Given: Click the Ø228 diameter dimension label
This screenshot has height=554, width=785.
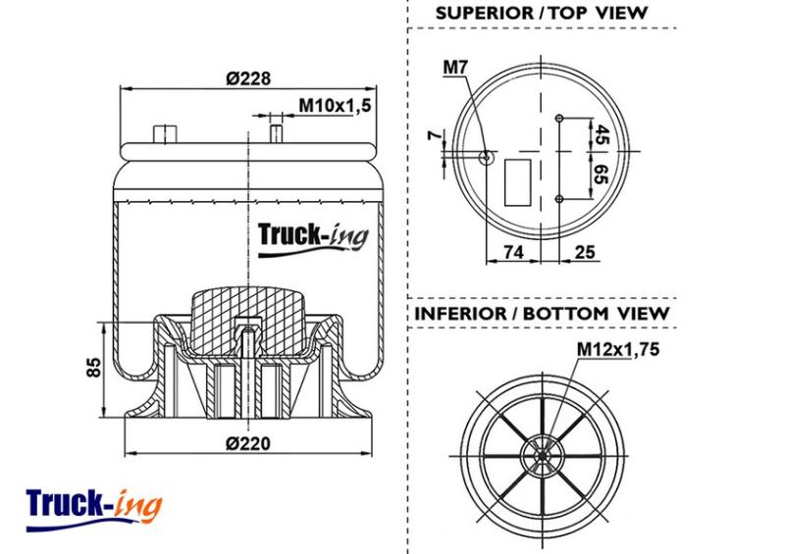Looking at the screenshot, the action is click(x=248, y=78).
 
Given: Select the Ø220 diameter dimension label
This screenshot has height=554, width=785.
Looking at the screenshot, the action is click(x=248, y=443).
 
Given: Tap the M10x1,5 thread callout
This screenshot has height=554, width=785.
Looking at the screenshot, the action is click(x=335, y=106).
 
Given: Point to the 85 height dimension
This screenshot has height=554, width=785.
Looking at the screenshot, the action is click(x=94, y=367).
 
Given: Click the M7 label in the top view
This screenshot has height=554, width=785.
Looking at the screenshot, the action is click(x=455, y=67).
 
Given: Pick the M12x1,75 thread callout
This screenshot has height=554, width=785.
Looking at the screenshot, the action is click(x=618, y=349).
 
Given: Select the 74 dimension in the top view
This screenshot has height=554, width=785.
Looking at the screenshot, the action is click(x=513, y=252).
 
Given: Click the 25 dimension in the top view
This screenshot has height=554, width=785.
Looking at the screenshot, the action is click(x=585, y=252).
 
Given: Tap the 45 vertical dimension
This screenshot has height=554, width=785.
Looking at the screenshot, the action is click(x=602, y=135).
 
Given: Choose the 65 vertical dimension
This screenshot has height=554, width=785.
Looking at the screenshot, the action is click(x=602, y=175).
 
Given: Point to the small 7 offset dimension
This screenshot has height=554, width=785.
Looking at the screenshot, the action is click(x=436, y=135).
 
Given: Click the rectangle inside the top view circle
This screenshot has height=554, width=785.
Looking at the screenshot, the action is click(x=518, y=182).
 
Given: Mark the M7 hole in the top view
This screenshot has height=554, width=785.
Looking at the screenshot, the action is click(x=486, y=157).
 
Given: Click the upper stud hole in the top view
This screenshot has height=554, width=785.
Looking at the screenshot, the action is click(x=559, y=118).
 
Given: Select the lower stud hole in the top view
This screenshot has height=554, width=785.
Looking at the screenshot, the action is click(x=559, y=199).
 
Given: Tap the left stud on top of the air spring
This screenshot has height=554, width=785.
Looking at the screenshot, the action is click(x=165, y=134).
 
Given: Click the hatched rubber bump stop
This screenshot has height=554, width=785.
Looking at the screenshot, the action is click(x=249, y=321).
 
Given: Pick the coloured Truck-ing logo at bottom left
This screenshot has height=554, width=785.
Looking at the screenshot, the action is click(x=94, y=509).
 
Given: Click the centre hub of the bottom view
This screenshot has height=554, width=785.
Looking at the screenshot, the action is click(x=543, y=456).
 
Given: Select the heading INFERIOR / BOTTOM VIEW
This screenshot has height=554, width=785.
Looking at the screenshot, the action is click(x=543, y=314).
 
